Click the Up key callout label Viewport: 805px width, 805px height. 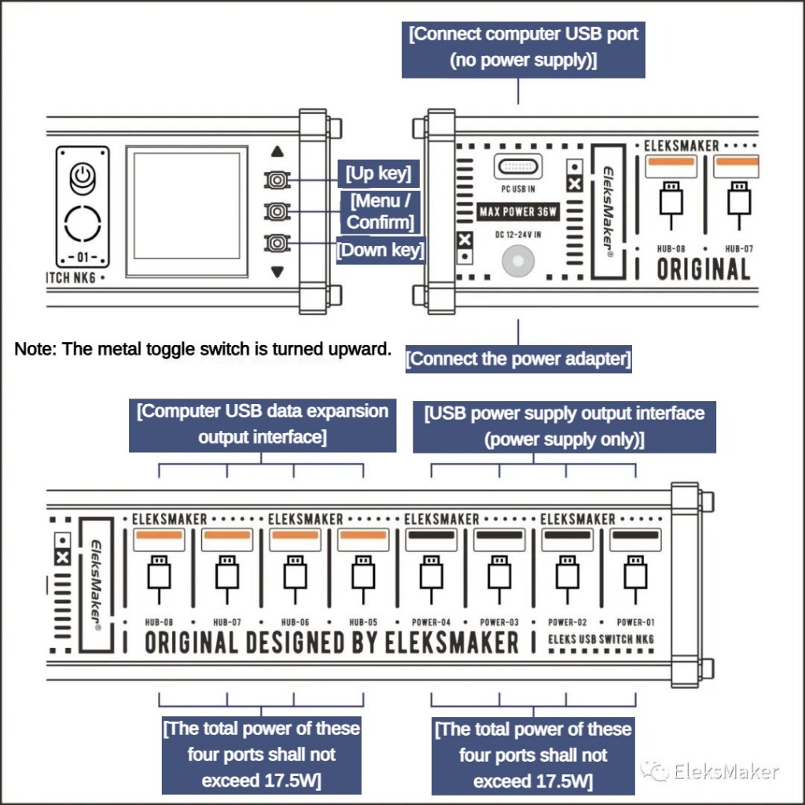pos(379,172)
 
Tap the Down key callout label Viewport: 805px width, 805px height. pos(380,250)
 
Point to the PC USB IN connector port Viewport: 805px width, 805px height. pos(518,166)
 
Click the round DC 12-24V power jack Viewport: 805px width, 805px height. pos(518,260)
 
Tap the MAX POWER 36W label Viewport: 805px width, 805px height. pos(518,211)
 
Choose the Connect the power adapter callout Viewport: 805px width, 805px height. pos(519,359)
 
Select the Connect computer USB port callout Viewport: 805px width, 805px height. pos(524,48)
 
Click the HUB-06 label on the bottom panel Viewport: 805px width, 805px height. pos(295,621)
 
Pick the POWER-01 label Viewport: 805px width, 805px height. pos(635,621)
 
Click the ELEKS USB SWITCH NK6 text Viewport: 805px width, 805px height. pos(601,639)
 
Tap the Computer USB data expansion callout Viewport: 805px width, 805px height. pos(263,424)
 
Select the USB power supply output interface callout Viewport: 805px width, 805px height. pos(564,425)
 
